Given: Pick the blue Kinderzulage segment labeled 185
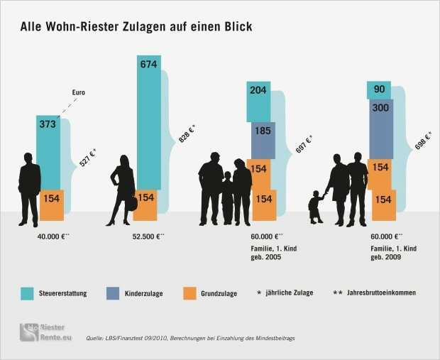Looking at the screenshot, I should click(x=262, y=140).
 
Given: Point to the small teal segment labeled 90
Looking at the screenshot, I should click(x=379, y=90).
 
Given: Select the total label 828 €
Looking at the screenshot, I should click(x=187, y=133).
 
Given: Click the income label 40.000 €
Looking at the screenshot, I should click(x=53, y=236).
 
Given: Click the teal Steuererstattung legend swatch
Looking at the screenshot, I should click(x=28, y=293).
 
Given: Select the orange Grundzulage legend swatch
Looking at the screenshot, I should click(x=189, y=293).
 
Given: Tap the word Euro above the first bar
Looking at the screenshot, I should click(x=79, y=93).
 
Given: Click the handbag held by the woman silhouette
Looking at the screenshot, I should click(x=131, y=204).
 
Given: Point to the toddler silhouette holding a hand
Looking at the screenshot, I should click(x=315, y=206).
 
